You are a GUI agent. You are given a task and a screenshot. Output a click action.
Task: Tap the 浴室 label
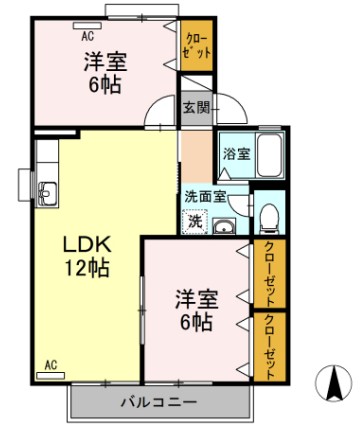click(x=236, y=155)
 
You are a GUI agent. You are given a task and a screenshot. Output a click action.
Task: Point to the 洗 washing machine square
click(x=196, y=220)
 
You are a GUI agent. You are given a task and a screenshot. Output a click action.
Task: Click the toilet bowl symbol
click(x=268, y=217)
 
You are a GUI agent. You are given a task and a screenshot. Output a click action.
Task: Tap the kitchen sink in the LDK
click(x=45, y=190)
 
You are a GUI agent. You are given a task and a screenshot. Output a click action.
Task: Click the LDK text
click(x=87, y=244)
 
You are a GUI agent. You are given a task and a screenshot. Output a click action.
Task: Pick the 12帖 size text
click(x=87, y=267)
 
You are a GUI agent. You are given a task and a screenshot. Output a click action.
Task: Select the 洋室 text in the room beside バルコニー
click(x=195, y=298)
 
